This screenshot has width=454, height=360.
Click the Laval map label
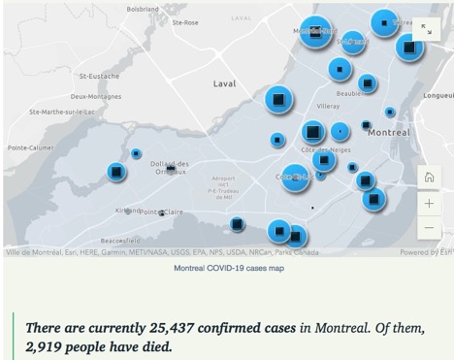point(224,83)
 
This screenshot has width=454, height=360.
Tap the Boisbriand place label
point(143,8)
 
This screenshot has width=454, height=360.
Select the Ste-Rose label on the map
point(183,21)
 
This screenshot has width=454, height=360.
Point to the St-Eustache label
point(99,76)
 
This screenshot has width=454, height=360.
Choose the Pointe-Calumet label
point(30,147)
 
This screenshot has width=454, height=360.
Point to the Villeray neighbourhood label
point(328,106)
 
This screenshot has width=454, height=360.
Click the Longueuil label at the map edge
point(438,96)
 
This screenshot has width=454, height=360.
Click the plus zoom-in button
point(429,204)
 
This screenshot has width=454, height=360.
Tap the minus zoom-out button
point(429,230)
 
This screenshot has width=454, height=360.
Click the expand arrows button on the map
point(426,30)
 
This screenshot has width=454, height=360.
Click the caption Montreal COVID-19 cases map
point(229,268)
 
